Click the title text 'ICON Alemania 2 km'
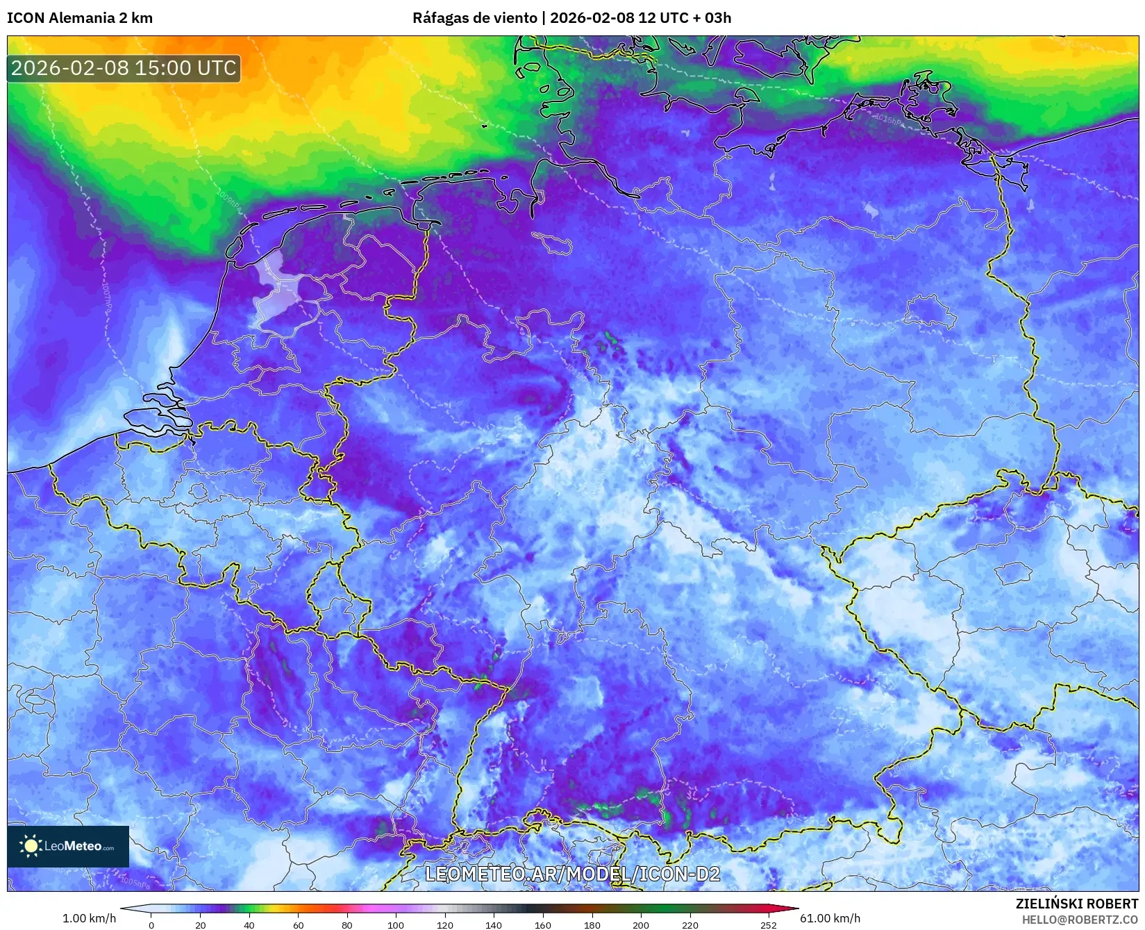[x=80, y=18]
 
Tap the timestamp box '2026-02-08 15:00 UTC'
[x=124, y=68]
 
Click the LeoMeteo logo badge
[x=68, y=846]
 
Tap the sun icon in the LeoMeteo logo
[x=31, y=845]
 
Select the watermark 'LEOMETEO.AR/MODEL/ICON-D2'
[x=572, y=874]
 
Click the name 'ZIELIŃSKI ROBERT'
[x=1077, y=904]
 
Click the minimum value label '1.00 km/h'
[x=90, y=918]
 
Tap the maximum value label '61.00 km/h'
[x=830, y=918]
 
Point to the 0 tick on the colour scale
[x=151, y=924]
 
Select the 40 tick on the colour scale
[x=249, y=924]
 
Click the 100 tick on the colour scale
[x=396, y=924]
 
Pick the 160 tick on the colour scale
[x=543, y=924]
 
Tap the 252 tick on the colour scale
[x=768, y=924]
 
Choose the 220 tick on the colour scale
[x=689, y=924]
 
